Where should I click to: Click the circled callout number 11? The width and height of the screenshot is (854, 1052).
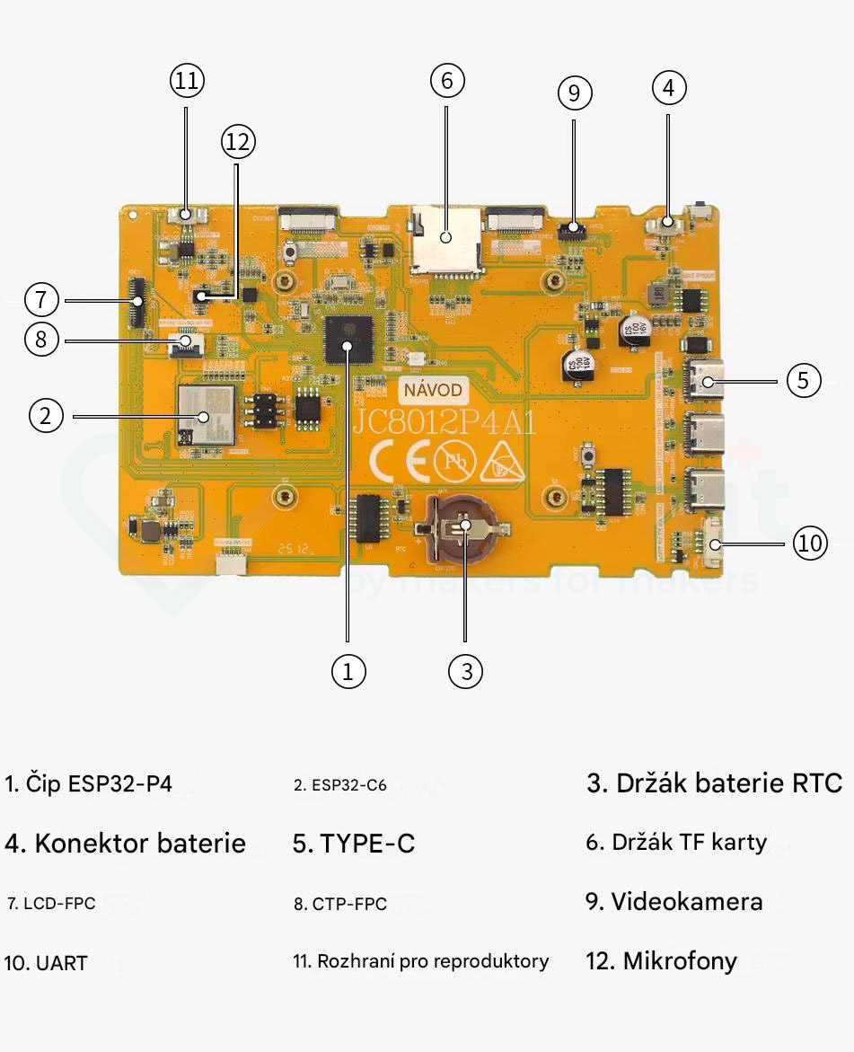[x=187, y=81]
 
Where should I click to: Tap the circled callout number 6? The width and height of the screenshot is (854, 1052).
[x=447, y=81]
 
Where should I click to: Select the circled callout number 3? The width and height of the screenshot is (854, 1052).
[x=465, y=670]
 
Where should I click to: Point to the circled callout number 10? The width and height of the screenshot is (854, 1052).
[x=810, y=543]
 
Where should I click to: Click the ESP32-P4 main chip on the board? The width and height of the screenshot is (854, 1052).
[x=348, y=340]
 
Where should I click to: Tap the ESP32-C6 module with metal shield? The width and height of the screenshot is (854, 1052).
[x=206, y=414]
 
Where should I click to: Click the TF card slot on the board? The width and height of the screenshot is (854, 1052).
[x=446, y=239]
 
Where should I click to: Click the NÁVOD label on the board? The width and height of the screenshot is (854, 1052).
[x=433, y=391]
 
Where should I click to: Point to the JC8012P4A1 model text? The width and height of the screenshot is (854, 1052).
[x=444, y=422]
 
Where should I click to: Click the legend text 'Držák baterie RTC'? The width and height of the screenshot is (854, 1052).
[x=715, y=783]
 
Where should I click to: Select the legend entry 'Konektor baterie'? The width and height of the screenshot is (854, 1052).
[x=125, y=844]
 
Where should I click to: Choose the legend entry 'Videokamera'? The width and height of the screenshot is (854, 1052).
[x=674, y=902]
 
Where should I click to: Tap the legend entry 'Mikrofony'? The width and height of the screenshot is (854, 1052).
[x=661, y=961]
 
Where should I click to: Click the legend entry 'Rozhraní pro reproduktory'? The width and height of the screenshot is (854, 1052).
[x=420, y=961]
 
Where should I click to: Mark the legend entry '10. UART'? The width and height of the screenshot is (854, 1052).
[x=46, y=963]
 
